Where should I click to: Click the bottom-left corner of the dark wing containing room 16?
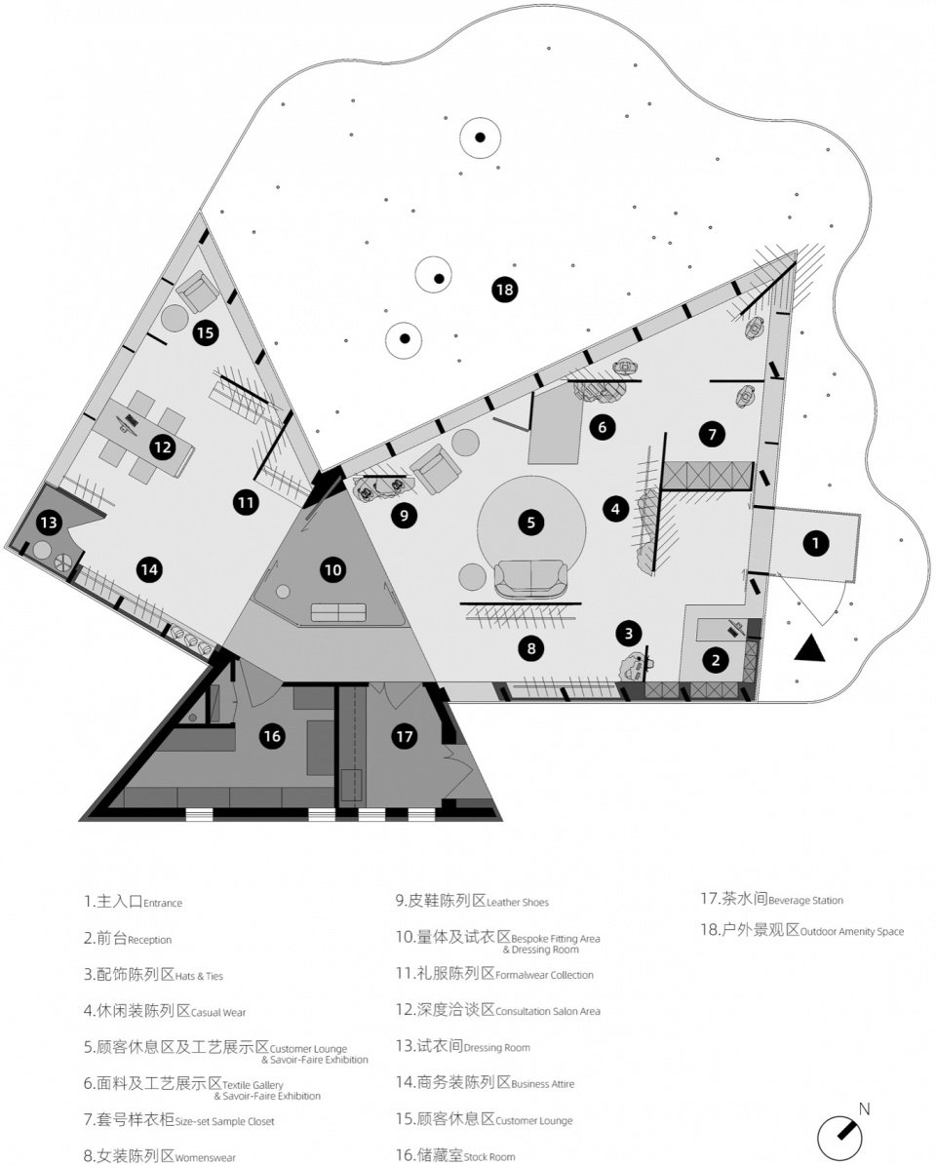click(x=80, y=820)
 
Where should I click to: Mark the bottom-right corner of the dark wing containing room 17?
click(x=502, y=820)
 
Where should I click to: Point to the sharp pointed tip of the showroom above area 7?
click(x=797, y=251)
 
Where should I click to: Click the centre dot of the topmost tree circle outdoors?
click(x=481, y=137)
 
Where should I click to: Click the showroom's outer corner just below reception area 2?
click(x=757, y=701)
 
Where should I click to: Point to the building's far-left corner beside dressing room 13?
click(x=6, y=548)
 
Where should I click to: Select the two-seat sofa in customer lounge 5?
click(x=530, y=578)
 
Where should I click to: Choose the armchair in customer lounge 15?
click(x=198, y=290)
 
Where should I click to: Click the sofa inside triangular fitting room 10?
click(x=338, y=612)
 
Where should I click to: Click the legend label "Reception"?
click(x=149, y=940)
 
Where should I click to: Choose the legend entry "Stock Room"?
click(x=489, y=1157)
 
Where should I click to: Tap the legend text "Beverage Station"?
click(x=806, y=901)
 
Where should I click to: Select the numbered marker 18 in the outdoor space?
click(x=504, y=289)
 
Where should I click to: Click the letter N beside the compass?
click(x=864, y=1109)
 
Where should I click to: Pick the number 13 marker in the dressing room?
click(x=49, y=523)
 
